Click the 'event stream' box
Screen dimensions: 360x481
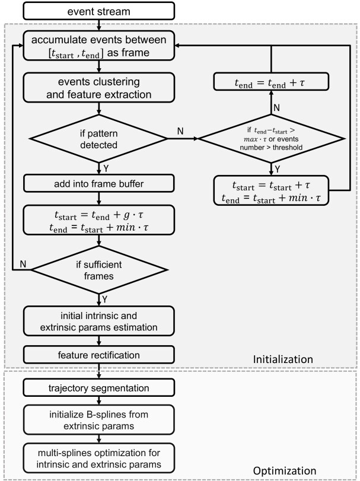pyautogui.click(x=98, y=11)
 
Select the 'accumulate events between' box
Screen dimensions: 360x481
pyautogui.click(x=98, y=46)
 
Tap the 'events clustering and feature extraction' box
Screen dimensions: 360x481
pyautogui.click(x=98, y=87)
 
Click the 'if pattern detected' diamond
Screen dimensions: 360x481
pyautogui.click(x=98, y=139)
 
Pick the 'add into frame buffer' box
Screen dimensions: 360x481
pyautogui.click(x=98, y=183)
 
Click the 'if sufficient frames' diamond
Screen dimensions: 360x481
pyautogui.click(x=98, y=270)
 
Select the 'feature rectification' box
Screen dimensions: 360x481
pyautogui.click(x=98, y=355)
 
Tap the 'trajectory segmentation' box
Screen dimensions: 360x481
pyautogui.click(x=98, y=388)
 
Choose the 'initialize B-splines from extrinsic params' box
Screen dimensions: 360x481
pyautogui.click(x=98, y=420)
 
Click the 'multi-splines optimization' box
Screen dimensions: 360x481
pyautogui.click(x=98, y=458)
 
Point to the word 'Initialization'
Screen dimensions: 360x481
pyautogui.click(x=283, y=359)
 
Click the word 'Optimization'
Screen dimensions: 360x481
pyautogui.click(x=285, y=470)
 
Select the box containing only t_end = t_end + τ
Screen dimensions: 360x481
pyautogui.click(x=271, y=82)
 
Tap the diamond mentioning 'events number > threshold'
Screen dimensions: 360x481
pyautogui.click(x=271, y=139)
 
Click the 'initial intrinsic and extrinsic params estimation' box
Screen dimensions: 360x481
pyautogui.click(x=98, y=321)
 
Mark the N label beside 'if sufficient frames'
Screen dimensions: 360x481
pyautogui.click(x=23, y=264)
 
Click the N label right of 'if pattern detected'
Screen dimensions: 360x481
pyautogui.click(x=180, y=131)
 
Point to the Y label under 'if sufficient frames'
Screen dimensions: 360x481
pyautogui.click(x=104, y=300)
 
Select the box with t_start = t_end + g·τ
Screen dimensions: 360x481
pyautogui.click(x=98, y=220)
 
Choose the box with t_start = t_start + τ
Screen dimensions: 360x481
pyautogui.click(x=271, y=190)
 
